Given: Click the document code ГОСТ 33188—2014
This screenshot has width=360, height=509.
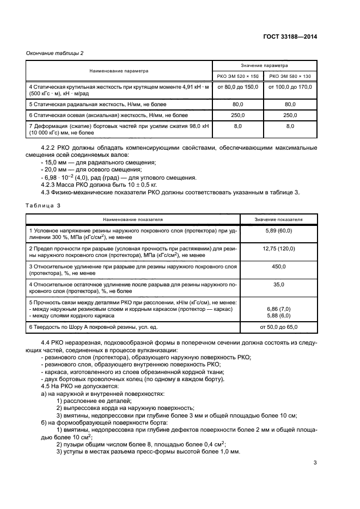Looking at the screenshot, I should click(x=288, y=36).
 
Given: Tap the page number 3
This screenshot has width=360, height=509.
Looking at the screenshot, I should click(x=315, y=463).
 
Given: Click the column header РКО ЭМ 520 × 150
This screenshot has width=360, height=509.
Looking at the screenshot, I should click(x=237, y=76).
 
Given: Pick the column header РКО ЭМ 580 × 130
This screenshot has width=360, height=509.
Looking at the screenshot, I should click(x=290, y=76).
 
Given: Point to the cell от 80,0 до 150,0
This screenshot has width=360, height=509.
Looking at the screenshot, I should click(x=237, y=87).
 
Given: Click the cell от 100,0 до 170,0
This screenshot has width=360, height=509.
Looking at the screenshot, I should click(x=290, y=87).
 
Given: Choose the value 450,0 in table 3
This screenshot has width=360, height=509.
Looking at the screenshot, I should click(x=278, y=267).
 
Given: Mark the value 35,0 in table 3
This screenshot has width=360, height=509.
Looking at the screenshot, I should click(x=278, y=284).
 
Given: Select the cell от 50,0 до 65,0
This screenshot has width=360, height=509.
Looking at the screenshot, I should click(x=278, y=327).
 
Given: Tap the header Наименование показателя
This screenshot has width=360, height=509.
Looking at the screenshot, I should click(x=134, y=219).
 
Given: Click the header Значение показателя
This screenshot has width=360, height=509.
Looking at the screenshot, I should click(x=278, y=219).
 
